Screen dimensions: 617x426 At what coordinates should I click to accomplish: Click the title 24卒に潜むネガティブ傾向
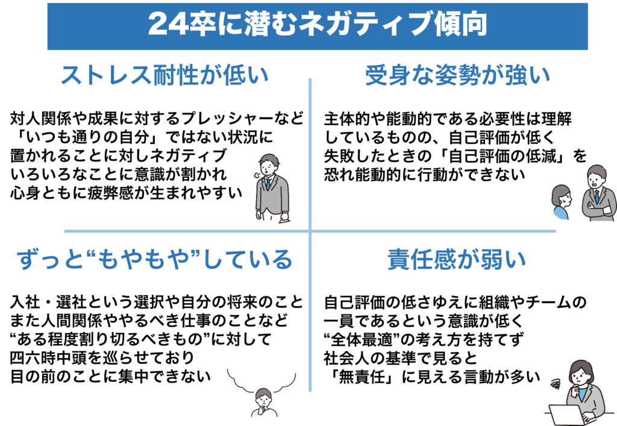pos(318,24)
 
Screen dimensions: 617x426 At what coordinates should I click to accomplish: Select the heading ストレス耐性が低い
pos(165,75)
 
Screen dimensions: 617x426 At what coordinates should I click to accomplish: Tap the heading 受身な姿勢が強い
pos(457,75)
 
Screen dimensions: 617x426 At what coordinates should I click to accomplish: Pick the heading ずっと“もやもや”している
pos(155,259)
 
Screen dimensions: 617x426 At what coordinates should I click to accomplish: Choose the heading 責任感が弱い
pos(457,259)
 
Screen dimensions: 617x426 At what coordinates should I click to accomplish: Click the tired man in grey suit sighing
pos(271,188)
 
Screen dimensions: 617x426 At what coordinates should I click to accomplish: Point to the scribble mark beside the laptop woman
pos(556,383)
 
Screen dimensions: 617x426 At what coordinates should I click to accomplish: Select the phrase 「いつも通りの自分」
pos(88,137)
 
